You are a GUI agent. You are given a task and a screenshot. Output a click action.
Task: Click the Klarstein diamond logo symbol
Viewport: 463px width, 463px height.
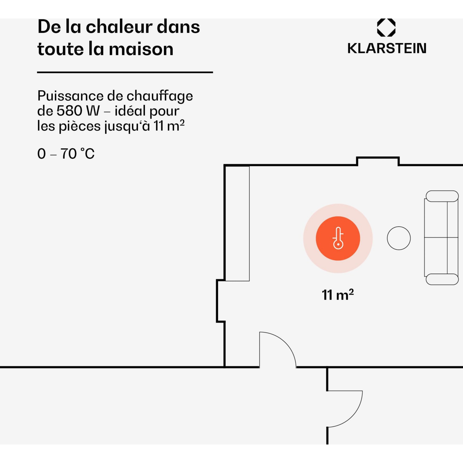386,28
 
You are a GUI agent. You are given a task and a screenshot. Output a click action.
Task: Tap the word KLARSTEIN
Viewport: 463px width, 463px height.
387,48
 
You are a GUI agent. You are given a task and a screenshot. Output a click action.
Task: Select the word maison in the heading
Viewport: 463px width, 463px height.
141,49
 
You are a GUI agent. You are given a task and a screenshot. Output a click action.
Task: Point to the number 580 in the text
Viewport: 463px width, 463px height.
69,111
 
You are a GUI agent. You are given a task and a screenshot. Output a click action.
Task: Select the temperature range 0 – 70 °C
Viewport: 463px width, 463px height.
66,154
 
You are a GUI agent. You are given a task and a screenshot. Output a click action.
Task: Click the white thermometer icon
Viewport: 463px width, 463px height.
338,238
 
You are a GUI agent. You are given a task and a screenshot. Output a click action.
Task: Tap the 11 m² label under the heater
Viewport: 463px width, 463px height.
338,295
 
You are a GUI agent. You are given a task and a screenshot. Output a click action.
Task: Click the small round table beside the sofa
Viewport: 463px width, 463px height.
399,238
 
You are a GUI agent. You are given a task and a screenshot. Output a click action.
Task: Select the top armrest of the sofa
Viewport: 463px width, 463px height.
442,196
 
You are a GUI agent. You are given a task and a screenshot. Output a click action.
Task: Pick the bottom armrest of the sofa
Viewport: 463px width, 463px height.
442,279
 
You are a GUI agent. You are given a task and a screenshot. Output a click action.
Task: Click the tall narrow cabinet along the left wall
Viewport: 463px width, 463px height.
237,224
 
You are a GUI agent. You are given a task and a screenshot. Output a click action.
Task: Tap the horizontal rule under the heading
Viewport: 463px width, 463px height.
125,73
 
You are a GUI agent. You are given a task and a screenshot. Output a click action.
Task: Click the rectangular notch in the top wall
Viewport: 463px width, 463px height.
378,161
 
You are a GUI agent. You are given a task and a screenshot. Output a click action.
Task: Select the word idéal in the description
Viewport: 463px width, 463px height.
130,111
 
